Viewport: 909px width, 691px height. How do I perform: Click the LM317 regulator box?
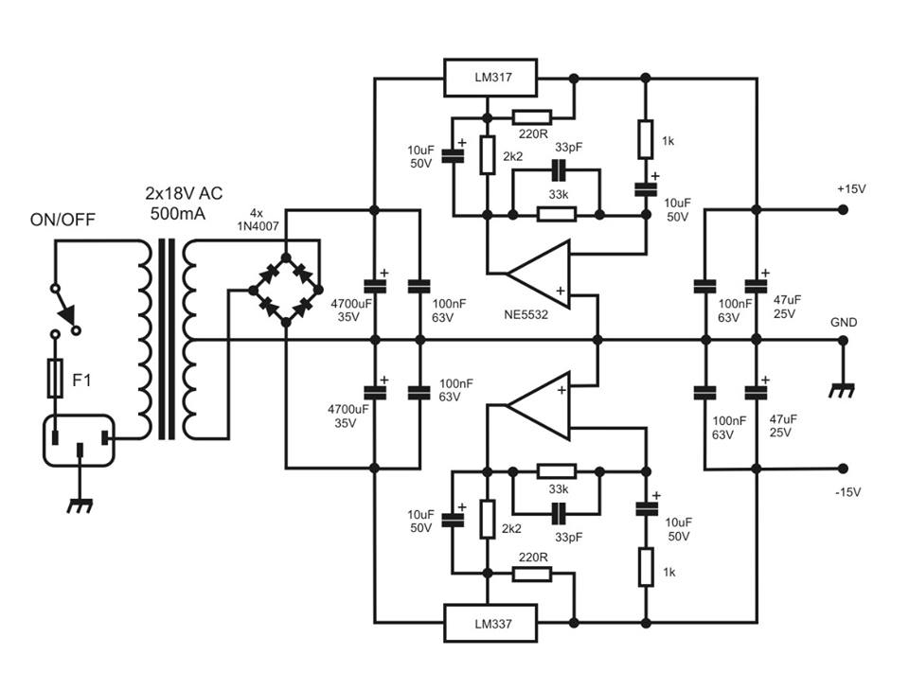490,77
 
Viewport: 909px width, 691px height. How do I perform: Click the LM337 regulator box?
490,623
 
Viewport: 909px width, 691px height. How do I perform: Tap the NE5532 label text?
526,315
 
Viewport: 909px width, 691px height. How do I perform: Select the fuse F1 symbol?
55,378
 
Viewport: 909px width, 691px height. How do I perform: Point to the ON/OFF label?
62,220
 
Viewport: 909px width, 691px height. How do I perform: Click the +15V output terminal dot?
843,209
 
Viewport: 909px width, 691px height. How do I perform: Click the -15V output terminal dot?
843,469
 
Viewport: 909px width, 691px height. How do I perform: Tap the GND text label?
844,323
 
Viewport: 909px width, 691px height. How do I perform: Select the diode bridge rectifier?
285,290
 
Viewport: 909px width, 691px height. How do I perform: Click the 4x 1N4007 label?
258,220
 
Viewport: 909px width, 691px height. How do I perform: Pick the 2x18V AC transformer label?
184,203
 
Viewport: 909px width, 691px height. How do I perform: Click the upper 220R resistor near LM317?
531,117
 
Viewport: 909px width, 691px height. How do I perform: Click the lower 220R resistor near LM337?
531,574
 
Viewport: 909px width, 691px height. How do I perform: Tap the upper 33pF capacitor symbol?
558,170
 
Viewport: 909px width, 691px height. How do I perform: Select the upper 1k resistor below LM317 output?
646,139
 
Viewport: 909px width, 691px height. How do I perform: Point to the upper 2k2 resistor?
488,155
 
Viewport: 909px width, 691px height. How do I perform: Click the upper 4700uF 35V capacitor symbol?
375,286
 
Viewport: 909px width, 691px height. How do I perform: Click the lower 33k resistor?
557,470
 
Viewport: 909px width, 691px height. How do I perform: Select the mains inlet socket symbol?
80,440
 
